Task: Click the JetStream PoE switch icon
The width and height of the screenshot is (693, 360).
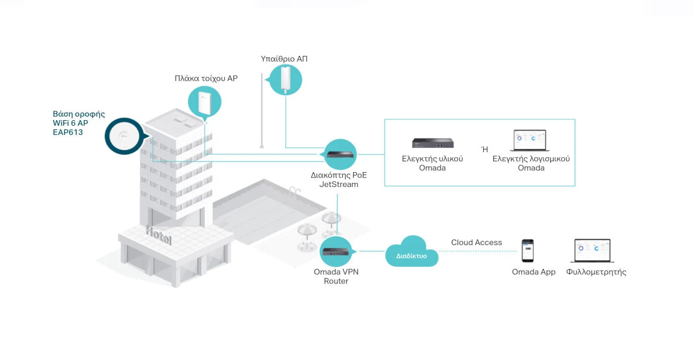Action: click(x=340, y=154)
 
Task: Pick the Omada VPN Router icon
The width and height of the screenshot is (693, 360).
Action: click(x=335, y=252)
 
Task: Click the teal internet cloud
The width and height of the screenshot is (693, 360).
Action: click(x=411, y=253)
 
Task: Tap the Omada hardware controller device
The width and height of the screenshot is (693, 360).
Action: click(x=432, y=143)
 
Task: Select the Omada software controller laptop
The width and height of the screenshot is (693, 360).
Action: click(x=530, y=141)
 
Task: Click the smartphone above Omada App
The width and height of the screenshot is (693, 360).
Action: click(x=527, y=251)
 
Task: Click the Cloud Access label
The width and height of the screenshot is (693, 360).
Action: click(x=476, y=242)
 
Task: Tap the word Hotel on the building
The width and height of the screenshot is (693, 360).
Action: click(x=159, y=235)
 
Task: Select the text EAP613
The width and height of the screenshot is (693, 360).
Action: click(x=68, y=132)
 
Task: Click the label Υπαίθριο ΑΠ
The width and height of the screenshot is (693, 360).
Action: click(x=284, y=59)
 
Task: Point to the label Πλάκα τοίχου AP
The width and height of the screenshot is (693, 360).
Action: click(x=206, y=78)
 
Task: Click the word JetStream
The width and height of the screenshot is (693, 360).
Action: click(x=338, y=184)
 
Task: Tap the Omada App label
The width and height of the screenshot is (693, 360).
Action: click(x=534, y=272)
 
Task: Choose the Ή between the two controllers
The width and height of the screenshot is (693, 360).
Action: click(x=485, y=150)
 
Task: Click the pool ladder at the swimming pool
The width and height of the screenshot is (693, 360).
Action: click(x=294, y=191)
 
